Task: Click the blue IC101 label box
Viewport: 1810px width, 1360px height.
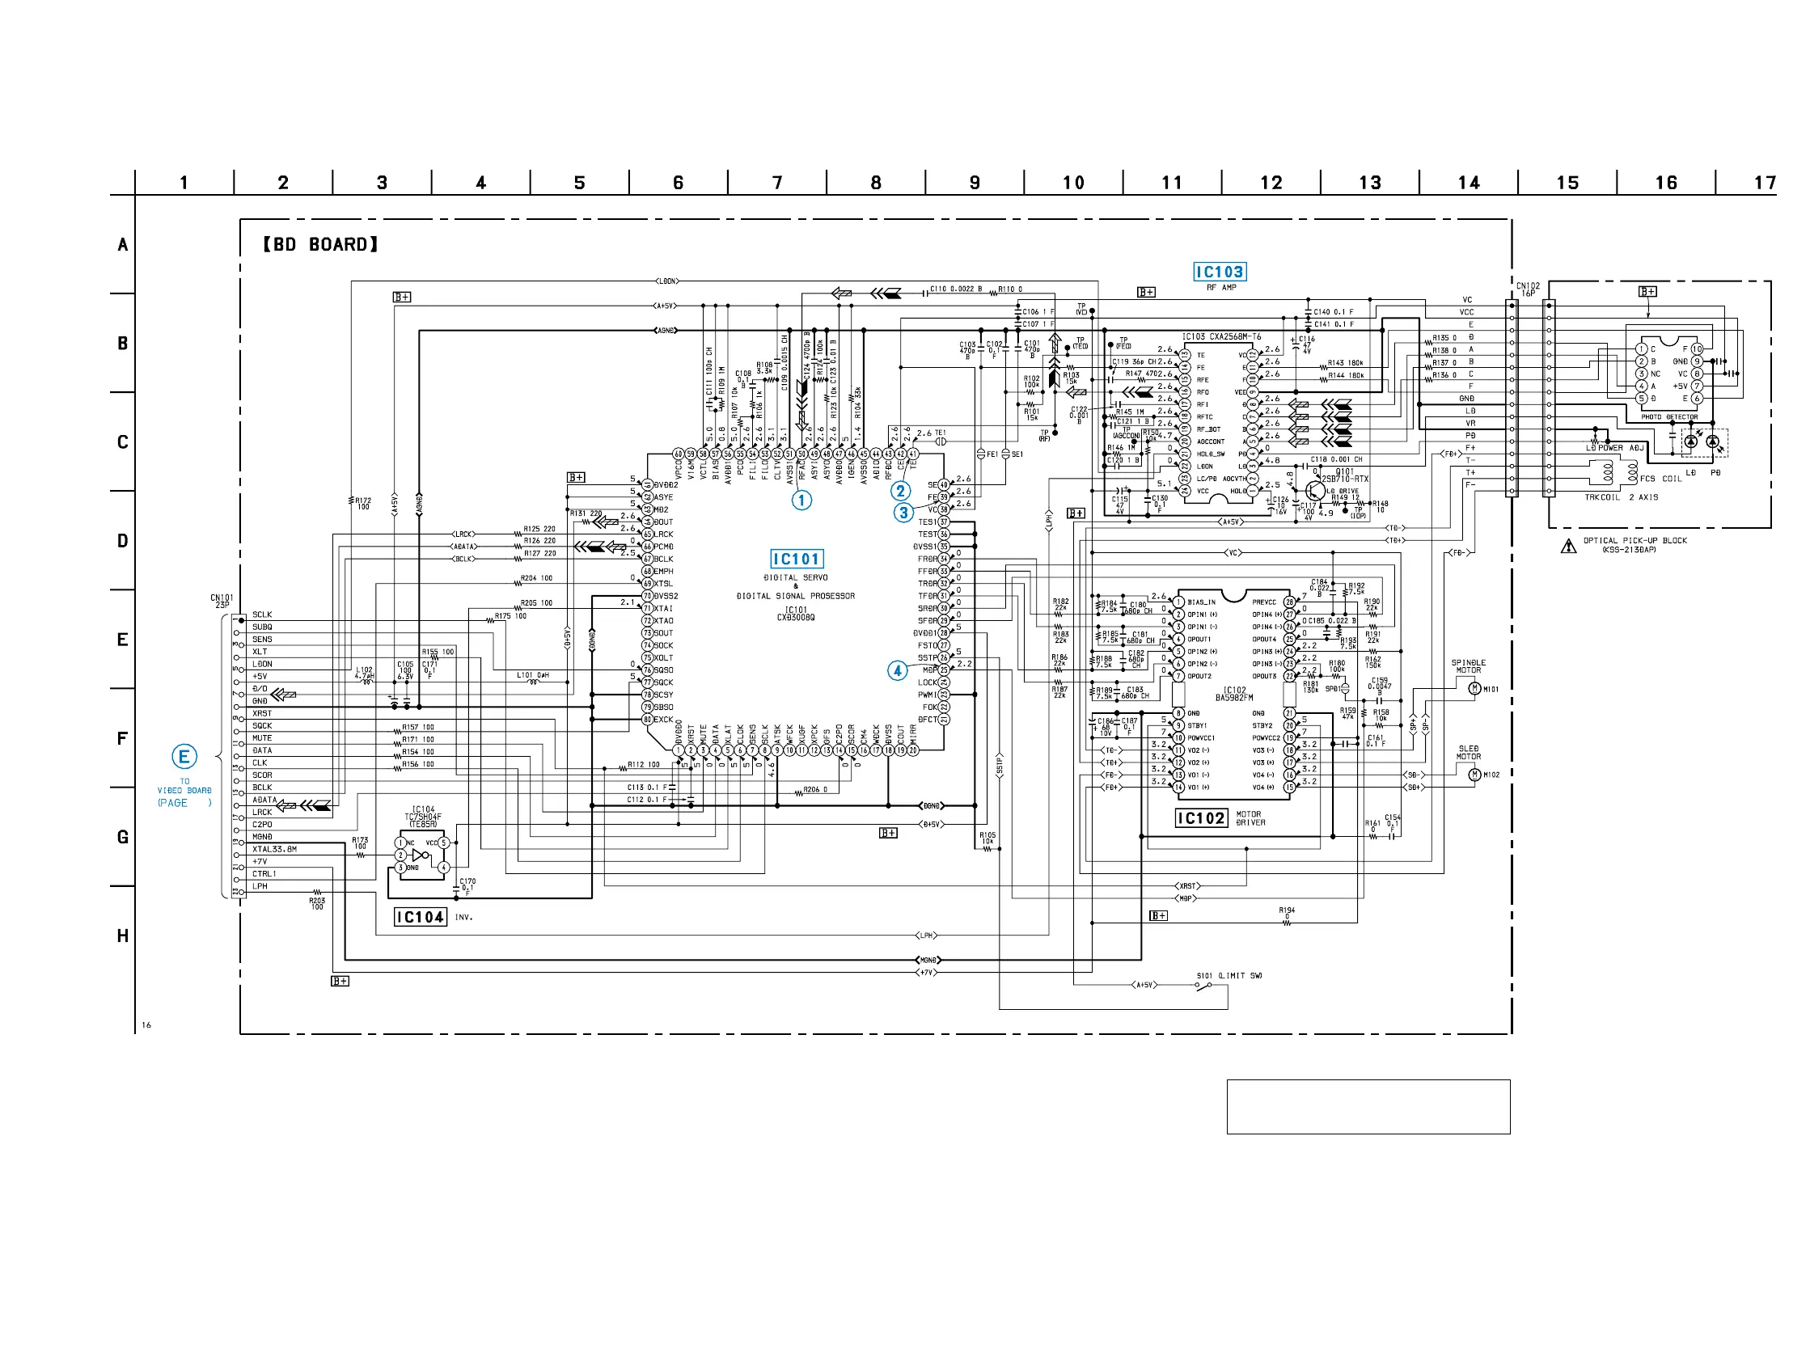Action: (x=796, y=559)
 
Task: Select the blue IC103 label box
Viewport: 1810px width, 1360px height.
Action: (x=1220, y=272)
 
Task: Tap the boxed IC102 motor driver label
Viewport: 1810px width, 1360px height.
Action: (x=1201, y=818)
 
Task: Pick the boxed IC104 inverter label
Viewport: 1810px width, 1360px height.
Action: (x=421, y=917)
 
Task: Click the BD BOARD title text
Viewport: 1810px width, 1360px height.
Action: (x=320, y=245)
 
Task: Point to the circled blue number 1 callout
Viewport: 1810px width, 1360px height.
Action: (x=802, y=500)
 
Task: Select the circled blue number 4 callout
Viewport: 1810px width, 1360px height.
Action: (x=898, y=670)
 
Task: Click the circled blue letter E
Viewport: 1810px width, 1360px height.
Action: (x=184, y=756)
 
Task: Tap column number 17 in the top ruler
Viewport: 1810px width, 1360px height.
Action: (x=1765, y=183)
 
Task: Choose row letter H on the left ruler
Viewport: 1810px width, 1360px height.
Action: (x=123, y=936)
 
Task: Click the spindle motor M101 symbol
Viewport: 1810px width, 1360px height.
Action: (x=1474, y=688)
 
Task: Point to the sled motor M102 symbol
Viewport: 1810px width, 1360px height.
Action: (x=1474, y=774)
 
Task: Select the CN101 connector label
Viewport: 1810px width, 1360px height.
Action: (x=222, y=601)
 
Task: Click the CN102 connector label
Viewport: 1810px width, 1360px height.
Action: (x=1527, y=289)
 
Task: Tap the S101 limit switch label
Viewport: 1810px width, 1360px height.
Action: (x=1229, y=975)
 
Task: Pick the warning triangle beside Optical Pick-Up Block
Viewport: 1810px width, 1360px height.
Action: (x=1568, y=546)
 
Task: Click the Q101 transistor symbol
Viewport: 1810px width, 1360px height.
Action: (x=1315, y=489)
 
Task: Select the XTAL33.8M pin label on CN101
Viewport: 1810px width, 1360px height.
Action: (x=274, y=849)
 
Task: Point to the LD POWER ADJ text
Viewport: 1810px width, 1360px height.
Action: (x=1613, y=448)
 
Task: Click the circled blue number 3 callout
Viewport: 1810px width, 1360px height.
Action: (x=903, y=513)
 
